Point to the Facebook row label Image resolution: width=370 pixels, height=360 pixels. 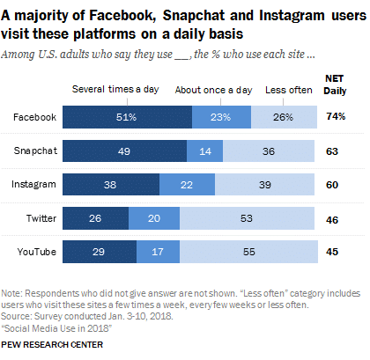tap(36, 117)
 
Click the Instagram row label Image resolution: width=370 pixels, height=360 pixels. tap(35, 185)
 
